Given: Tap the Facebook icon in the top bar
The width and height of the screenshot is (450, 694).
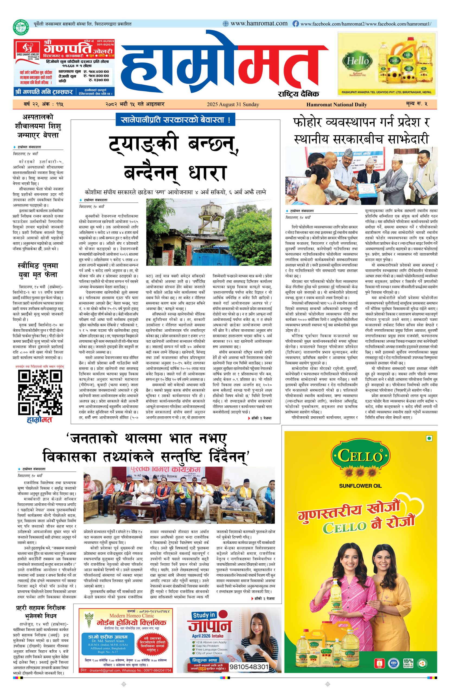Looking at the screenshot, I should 295,24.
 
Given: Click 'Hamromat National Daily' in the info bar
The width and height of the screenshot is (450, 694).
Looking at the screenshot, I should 336,104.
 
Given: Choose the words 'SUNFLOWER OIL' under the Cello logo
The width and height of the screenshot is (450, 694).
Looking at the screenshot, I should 360,486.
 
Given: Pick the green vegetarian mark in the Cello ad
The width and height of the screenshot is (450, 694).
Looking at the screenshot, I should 428,438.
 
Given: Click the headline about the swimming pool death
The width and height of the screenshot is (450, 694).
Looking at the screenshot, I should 38,270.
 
